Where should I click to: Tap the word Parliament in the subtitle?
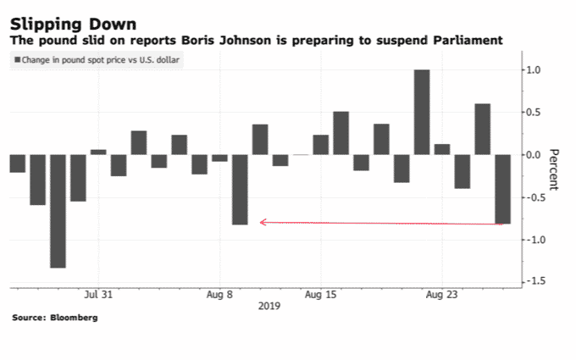click(468, 40)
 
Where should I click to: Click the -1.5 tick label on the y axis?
click(532, 282)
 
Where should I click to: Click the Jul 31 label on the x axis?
click(98, 296)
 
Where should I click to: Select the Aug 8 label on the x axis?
click(220, 296)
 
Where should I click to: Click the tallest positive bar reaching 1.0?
click(421, 112)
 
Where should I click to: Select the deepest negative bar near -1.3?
click(58, 211)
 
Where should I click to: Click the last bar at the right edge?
click(502, 189)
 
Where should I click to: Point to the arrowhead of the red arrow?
click(262, 222)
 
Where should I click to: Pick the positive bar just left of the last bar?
click(482, 129)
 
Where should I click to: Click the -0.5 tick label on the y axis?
click(532, 197)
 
